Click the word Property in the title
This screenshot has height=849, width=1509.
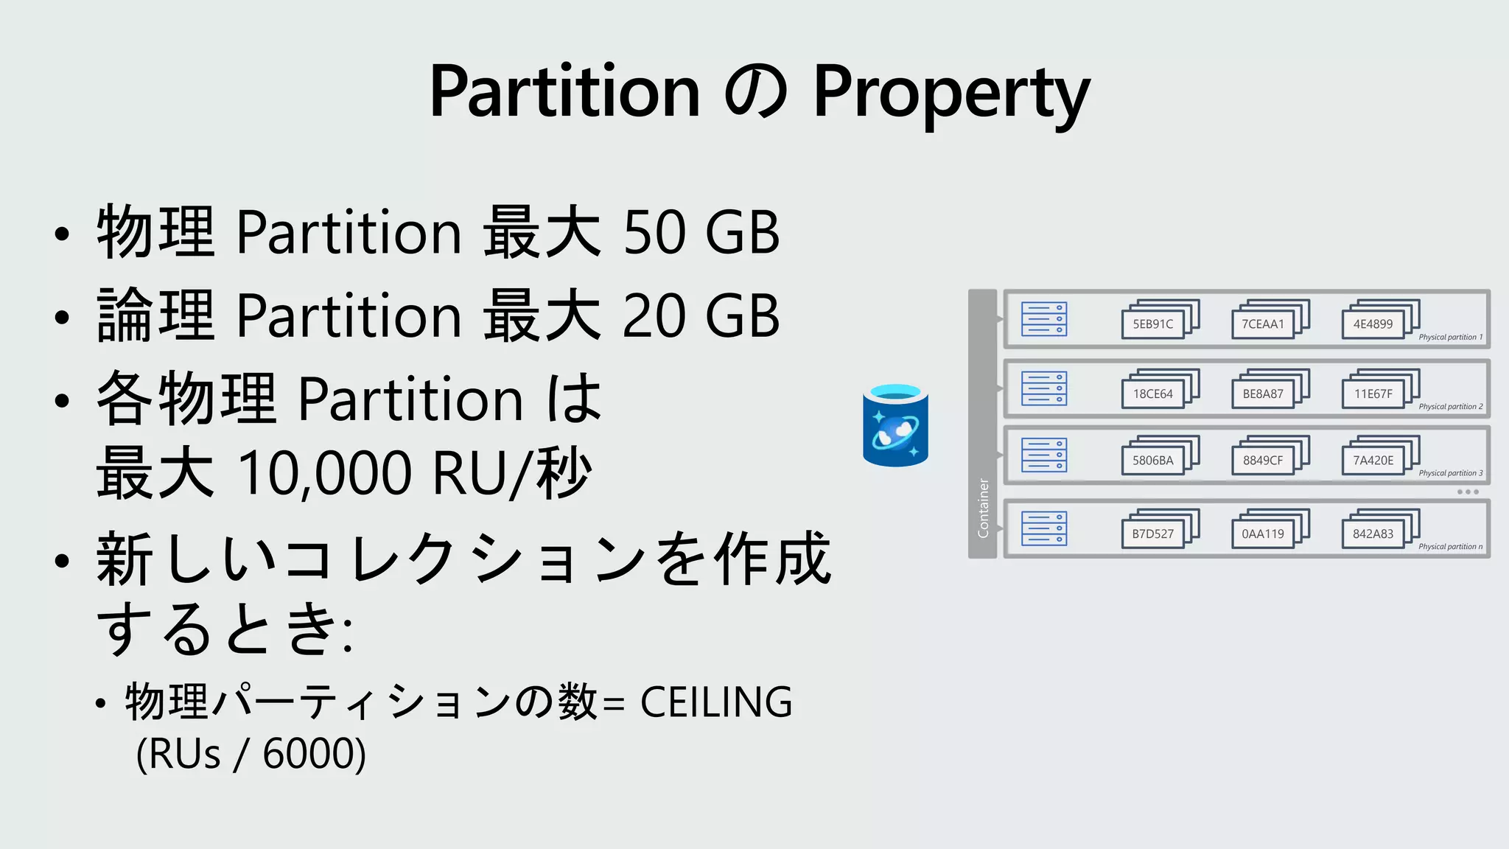tap(950, 93)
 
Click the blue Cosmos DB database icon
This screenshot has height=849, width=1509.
tap(895, 426)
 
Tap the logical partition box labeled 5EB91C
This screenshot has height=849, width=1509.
tap(1152, 324)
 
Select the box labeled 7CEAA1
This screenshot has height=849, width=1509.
tap(1262, 324)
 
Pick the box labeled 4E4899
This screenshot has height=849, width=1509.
tap(1373, 324)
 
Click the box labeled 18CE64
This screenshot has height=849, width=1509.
tap(1152, 394)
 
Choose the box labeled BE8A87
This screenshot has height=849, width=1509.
tap(1262, 394)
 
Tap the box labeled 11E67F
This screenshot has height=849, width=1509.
tap(1373, 394)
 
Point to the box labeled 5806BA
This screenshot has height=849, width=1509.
tap(1152, 461)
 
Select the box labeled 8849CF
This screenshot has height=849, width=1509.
tap(1262, 461)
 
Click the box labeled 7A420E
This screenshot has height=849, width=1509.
tap(1373, 461)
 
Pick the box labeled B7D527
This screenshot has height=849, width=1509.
tap(1152, 534)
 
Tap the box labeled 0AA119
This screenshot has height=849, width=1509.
tap(1262, 534)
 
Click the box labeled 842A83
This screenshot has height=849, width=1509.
tap(1373, 534)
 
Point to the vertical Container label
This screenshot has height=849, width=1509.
tap(983, 508)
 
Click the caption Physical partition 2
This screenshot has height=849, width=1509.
tap(1450, 407)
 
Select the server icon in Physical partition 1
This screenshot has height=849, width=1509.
tap(1044, 319)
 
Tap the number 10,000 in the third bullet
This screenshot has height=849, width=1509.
tap(325, 473)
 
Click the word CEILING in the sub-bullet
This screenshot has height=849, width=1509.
tap(715, 702)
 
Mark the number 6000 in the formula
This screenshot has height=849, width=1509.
tap(307, 754)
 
